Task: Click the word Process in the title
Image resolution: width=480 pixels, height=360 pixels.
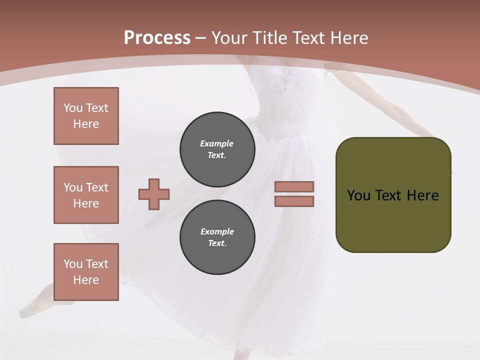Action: [157, 37]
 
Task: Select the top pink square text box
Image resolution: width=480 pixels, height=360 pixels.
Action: [86, 116]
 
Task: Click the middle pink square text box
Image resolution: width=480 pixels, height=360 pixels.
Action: [86, 195]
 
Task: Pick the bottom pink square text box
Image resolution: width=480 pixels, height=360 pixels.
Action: [86, 272]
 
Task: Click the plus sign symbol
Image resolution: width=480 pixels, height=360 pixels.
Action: [154, 194]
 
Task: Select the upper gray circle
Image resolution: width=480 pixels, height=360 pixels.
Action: [217, 149]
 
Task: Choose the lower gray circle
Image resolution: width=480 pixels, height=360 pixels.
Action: [217, 237]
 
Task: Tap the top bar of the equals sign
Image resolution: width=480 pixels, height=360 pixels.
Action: [294, 186]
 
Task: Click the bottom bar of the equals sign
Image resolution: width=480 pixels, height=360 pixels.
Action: [294, 201]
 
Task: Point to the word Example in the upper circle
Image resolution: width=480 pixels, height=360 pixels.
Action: [216, 143]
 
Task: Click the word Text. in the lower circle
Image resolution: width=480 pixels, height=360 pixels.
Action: [217, 243]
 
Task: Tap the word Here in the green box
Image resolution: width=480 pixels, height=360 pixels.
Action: [422, 195]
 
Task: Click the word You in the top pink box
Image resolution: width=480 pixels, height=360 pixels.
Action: [72, 108]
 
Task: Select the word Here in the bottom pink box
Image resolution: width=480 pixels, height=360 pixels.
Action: [86, 280]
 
